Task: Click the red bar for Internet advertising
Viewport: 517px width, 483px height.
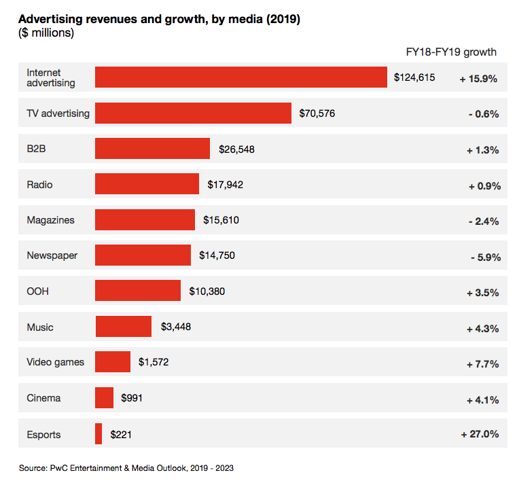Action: [x=241, y=77]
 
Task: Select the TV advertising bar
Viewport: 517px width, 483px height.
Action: [x=194, y=113]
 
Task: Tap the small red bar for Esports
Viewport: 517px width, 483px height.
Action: [x=99, y=434]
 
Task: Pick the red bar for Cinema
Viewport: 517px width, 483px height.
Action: [x=105, y=398]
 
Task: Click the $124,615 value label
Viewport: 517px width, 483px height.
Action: [x=414, y=77]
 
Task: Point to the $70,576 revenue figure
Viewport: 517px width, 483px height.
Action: [x=317, y=113]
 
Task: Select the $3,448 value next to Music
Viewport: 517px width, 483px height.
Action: [x=176, y=327]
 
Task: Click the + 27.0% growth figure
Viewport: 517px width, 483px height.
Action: [x=480, y=434]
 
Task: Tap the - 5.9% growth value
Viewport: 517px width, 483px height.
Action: [x=484, y=257]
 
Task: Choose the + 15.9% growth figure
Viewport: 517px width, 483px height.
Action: [x=478, y=79]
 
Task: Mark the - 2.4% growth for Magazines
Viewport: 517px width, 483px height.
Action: [x=484, y=221]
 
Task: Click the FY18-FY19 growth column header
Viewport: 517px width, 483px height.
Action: [x=451, y=52]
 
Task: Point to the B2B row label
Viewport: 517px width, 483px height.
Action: [x=36, y=149]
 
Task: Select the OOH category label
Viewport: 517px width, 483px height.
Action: [x=37, y=291]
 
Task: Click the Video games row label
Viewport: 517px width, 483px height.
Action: [x=55, y=362]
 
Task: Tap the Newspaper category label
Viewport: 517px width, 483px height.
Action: [x=52, y=256]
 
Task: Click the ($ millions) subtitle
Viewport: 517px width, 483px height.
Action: [x=46, y=33]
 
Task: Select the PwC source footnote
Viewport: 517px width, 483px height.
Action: [x=126, y=468]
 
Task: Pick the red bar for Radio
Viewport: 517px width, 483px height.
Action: [x=147, y=184]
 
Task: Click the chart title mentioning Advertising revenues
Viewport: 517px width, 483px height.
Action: [x=159, y=19]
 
